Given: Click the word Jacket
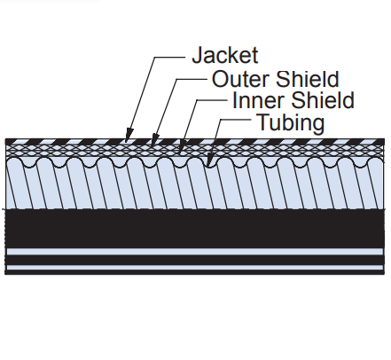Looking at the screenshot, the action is tap(225, 55).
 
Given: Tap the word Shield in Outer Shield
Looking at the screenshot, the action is tap(307, 79).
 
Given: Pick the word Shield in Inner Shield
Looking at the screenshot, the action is tap(322, 100).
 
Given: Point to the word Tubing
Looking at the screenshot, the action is tap(291, 122).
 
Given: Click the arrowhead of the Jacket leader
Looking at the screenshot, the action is tap(129, 135).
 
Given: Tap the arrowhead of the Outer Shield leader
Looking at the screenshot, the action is tap(154, 139).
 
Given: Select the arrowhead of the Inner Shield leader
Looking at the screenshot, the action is tap(182, 147).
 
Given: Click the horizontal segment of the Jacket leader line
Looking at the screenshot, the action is tap(169, 57).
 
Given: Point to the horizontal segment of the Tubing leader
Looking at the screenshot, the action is tap(236, 120).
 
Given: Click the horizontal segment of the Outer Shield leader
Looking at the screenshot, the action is tap(192, 79).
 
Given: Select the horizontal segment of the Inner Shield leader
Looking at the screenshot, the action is tap(212, 100).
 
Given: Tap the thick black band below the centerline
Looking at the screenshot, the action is tap(195, 229).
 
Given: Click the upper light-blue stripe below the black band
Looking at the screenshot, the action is tap(195, 252).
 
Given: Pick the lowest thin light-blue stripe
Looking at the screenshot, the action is tap(195, 268).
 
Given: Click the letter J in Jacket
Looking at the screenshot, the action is tap(198, 55).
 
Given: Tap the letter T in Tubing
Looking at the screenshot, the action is tap(263, 121).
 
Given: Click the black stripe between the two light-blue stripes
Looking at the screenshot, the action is tap(195, 260).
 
